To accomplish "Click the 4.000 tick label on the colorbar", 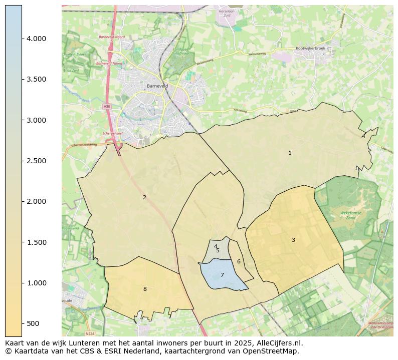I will (37, 39).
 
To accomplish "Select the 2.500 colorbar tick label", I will (37, 161).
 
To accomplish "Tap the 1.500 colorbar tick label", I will (37, 242).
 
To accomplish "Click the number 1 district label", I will (290, 153).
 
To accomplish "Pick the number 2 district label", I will (144, 197).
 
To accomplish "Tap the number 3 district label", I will (293, 240).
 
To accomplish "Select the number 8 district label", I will (145, 289).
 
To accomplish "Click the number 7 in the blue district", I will (222, 275).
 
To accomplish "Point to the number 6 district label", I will (239, 261).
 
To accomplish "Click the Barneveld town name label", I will (157, 86).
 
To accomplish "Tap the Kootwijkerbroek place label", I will (311, 49).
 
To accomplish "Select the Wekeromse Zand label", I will (348, 215).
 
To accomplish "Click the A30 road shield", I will (107, 106).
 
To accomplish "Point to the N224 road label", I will (90, 333).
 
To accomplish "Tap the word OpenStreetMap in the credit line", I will (271, 351).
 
